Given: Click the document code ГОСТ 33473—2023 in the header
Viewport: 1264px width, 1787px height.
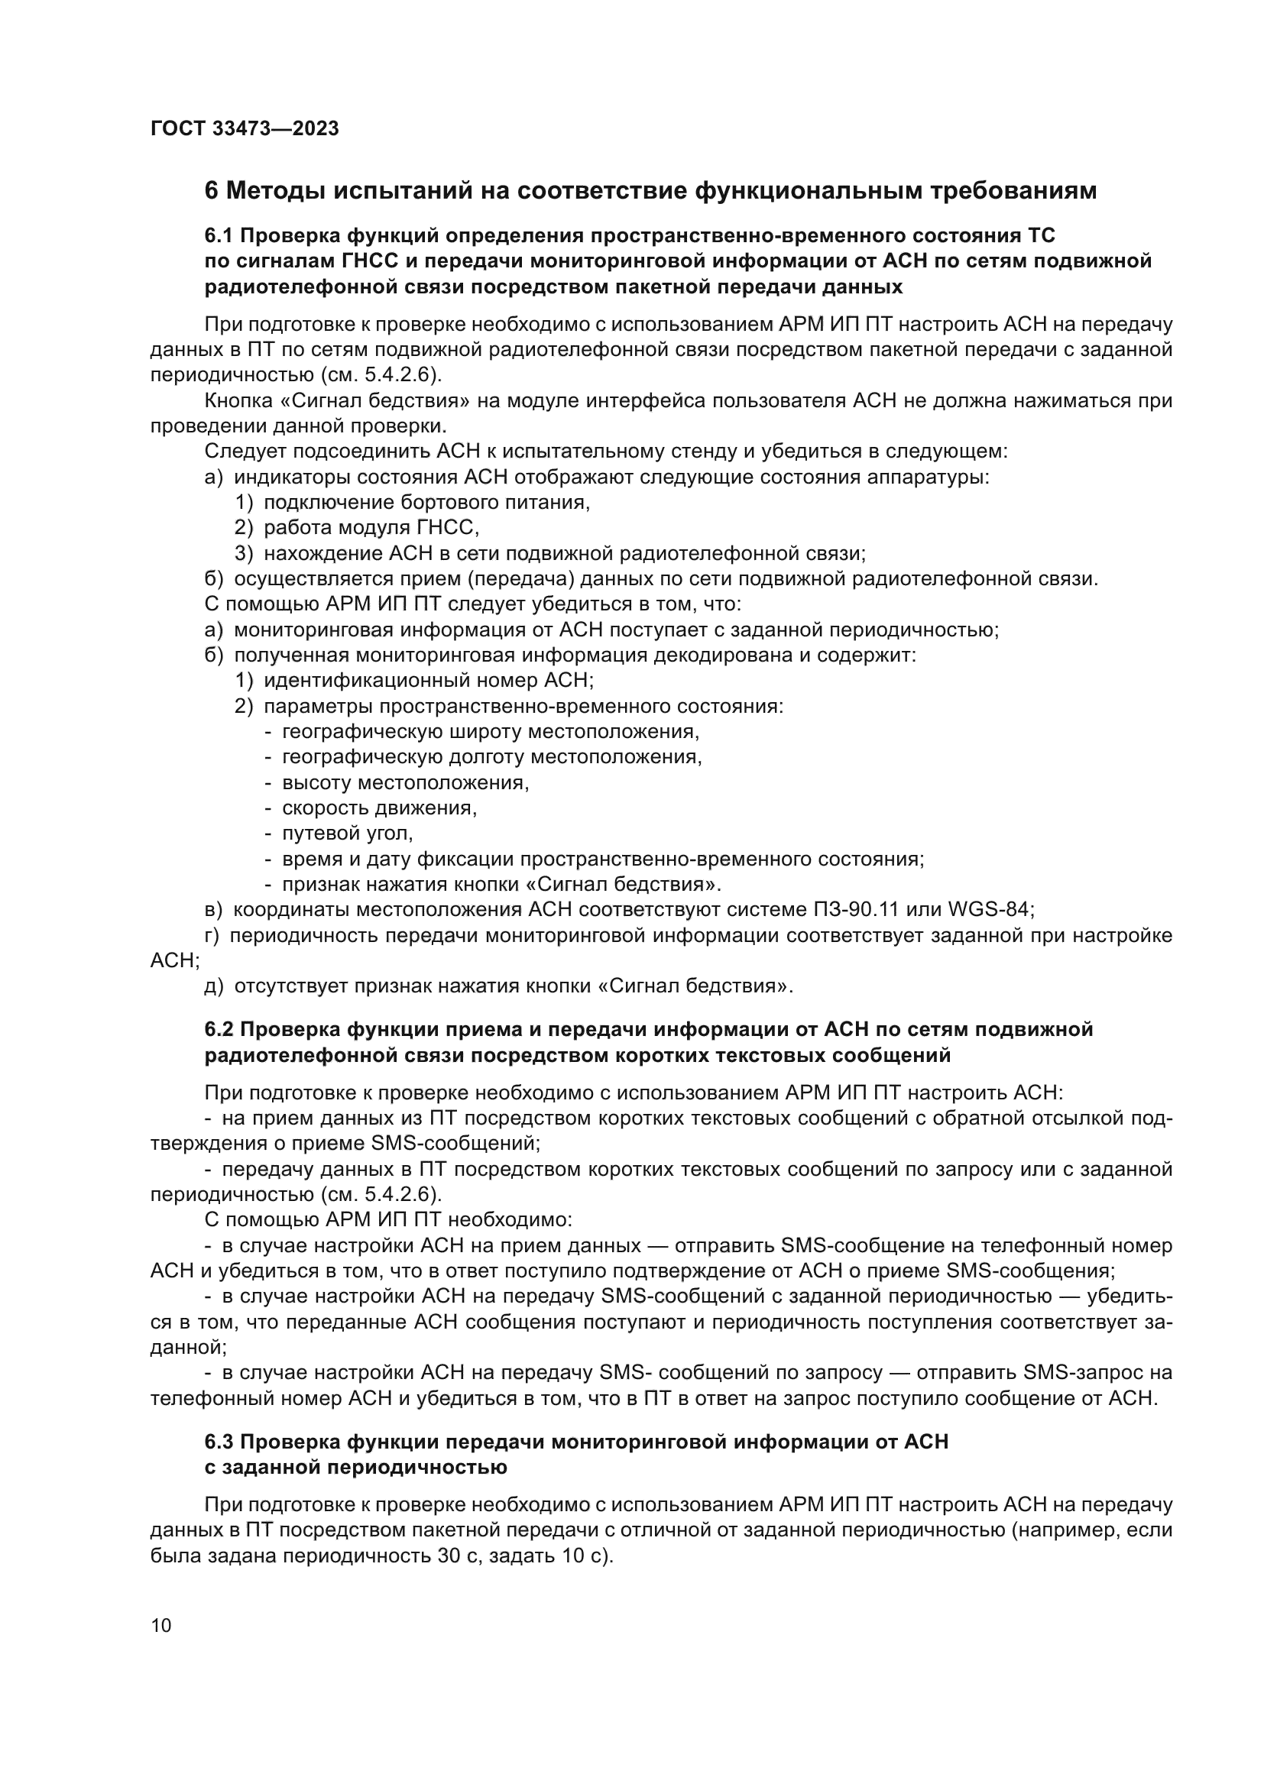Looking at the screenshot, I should [x=245, y=129].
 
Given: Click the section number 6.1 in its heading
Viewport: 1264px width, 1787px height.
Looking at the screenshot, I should [x=219, y=236].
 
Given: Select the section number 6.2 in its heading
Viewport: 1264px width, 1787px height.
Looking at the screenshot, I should [x=219, y=1030].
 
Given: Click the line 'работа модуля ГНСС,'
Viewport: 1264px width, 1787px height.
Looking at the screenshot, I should [x=371, y=528].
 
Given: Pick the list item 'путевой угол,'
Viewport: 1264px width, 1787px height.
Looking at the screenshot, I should [x=347, y=833].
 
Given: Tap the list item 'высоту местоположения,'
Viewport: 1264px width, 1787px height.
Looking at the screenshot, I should [x=405, y=782].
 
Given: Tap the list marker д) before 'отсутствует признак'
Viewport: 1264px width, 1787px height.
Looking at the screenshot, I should [x=214, y=986].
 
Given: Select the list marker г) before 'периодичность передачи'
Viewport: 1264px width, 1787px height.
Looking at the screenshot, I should [x=213, y=936].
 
